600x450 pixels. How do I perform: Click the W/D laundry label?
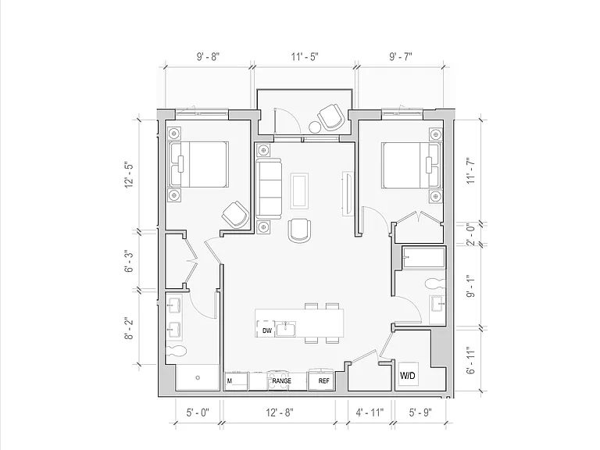(x=408, y=375)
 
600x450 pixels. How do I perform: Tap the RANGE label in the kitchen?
(x=281, y=381)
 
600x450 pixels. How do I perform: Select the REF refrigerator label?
(x=323, y=381)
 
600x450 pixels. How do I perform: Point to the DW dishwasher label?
(x=266, y=330)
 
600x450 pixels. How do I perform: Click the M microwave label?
(x=230, y=381)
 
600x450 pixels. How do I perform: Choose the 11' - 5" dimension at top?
(x=305, y=56)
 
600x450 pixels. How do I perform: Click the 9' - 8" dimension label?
(x=208, y=56)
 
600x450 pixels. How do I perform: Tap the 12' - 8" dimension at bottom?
(x=280, y=412)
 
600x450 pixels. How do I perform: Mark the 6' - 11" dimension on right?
(x=471, y=360)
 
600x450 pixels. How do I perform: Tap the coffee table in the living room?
(x=299, y=191)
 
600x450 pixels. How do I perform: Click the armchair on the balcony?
(x=330, y=116)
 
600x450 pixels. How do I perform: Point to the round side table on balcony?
(x=315, y=127)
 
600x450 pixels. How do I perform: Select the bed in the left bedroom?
(x=198, y=165)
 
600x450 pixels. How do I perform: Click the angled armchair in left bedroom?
(x=235, y=215)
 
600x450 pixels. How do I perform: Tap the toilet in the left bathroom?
(x=176, y=351)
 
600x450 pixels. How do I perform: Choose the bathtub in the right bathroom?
(x=423, y=258)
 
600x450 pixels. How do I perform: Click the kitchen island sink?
(x=286, y=329)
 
